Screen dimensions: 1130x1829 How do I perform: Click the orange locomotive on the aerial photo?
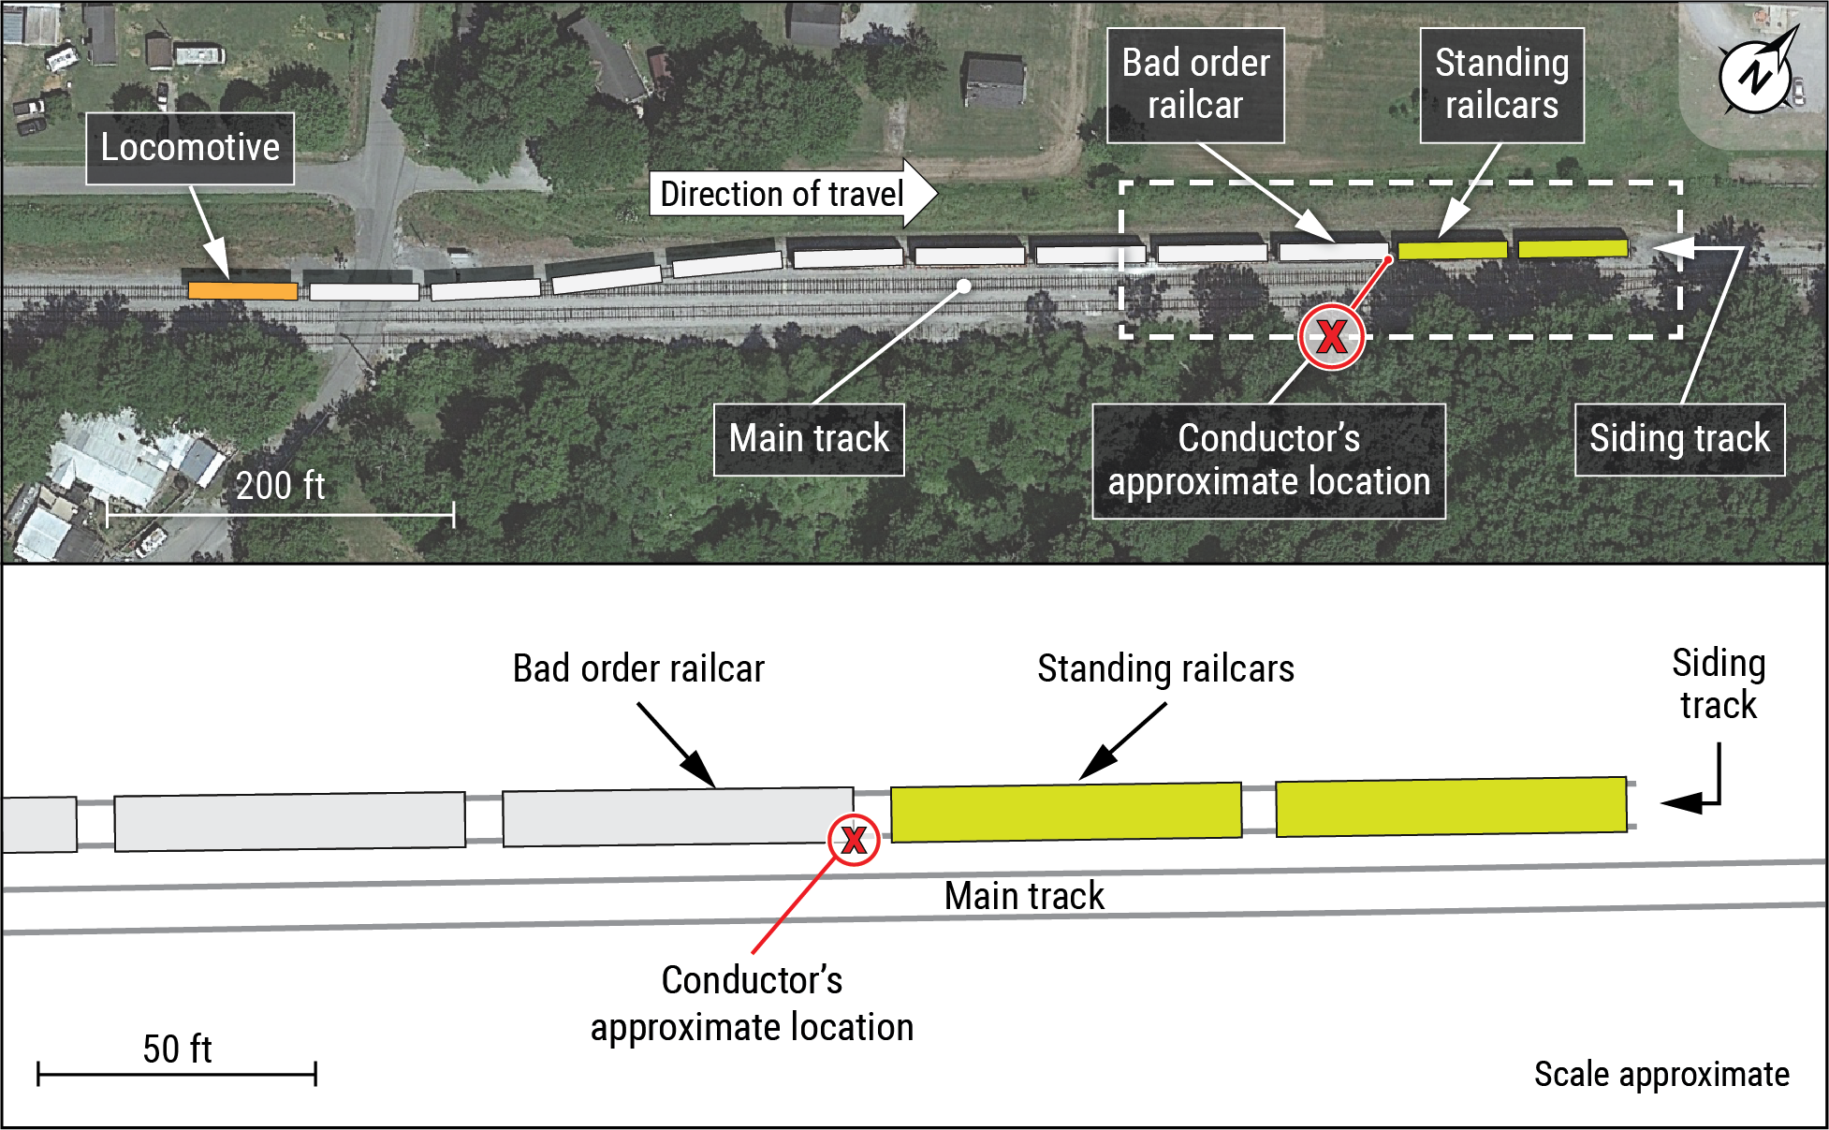[x=242, y=290]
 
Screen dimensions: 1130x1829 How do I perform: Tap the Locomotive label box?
[x=190, y=148]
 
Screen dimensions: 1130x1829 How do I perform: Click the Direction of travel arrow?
[x=792, y=194]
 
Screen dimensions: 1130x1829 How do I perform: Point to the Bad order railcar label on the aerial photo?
[x=1195, y=85]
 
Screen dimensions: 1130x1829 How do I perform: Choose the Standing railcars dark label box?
[x=1501, y=85]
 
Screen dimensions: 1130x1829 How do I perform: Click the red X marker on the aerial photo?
[x=1331, y=336]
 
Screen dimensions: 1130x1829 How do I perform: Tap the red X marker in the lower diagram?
[x=854, y=839]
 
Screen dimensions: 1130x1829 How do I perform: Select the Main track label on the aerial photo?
[x=809, y=439]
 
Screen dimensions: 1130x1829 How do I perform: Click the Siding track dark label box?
[x=1679, y=439]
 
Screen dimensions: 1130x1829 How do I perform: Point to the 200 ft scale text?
[x=280, y=486]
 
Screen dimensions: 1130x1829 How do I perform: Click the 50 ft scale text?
[x=177, y=1049]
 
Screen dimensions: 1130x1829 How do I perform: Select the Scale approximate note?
[x=1661, y=1074]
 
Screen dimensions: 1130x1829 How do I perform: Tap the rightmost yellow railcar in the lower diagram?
[x=1451, y=806]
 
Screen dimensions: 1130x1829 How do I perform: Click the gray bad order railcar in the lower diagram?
[x=678, y=816]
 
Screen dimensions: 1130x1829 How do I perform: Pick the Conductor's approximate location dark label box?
[x=1268, y=461]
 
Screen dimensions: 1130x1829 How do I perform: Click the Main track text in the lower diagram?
[x=1024, y=896]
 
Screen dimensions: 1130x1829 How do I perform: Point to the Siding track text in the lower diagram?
[x=1719, y=683]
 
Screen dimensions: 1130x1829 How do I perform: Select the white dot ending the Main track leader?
[x=963, y=286]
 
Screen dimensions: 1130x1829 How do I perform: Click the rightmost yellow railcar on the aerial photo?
[x=1573, y=248]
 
